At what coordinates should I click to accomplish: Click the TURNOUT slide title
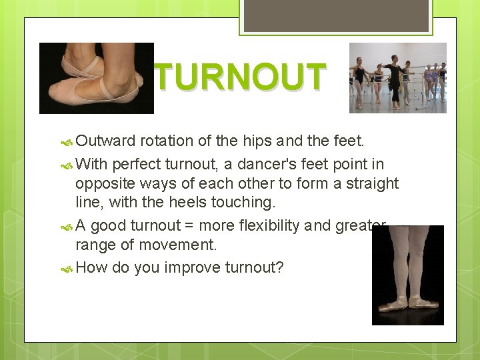241,77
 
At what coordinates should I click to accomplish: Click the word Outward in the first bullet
105,141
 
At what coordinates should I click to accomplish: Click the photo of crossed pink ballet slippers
96,79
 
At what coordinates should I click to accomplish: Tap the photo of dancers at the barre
397,78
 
